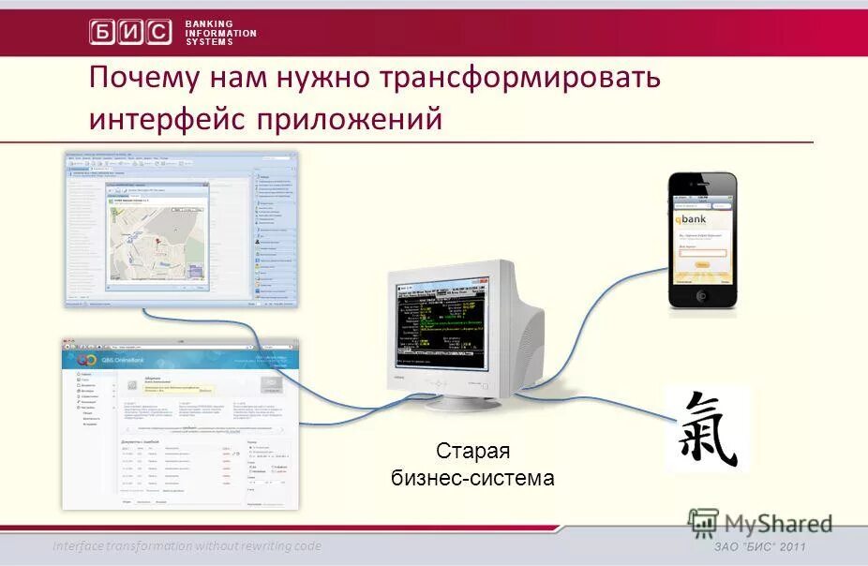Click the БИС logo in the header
point(130,32)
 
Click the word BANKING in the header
point(209,23)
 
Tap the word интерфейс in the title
point(182,119)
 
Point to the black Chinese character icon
point(707,428)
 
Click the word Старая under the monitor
point(472,452)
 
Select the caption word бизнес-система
point(472,478)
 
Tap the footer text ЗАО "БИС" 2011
point(759,547)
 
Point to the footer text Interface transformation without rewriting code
point(187,546)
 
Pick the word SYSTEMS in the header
point(209,42)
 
